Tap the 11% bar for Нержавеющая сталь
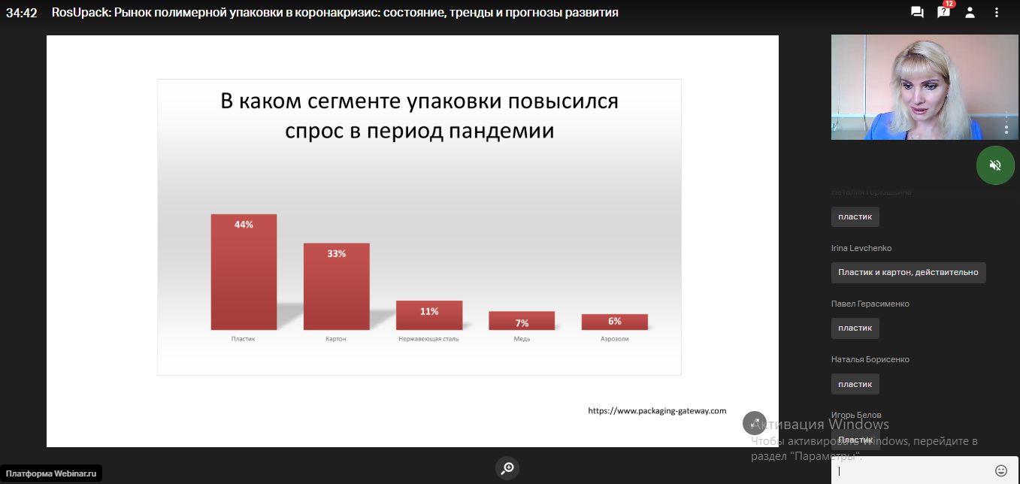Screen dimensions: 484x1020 429,315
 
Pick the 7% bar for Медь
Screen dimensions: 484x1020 522,321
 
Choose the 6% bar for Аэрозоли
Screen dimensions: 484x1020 614,322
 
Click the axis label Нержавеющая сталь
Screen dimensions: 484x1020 428,339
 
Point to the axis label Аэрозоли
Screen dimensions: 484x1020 614,339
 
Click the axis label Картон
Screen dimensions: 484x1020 336,339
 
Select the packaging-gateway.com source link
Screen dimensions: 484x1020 657,411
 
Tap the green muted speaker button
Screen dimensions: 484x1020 995,165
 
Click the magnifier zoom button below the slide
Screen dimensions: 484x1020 507,468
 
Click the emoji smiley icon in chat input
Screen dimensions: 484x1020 1001,470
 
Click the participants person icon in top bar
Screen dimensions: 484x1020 970,12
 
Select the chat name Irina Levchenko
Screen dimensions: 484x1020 861,248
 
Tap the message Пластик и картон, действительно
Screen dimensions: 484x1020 908,273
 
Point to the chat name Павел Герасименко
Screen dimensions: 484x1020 869,304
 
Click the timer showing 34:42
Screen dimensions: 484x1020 22,13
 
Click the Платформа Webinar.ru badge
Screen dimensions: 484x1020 52,473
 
